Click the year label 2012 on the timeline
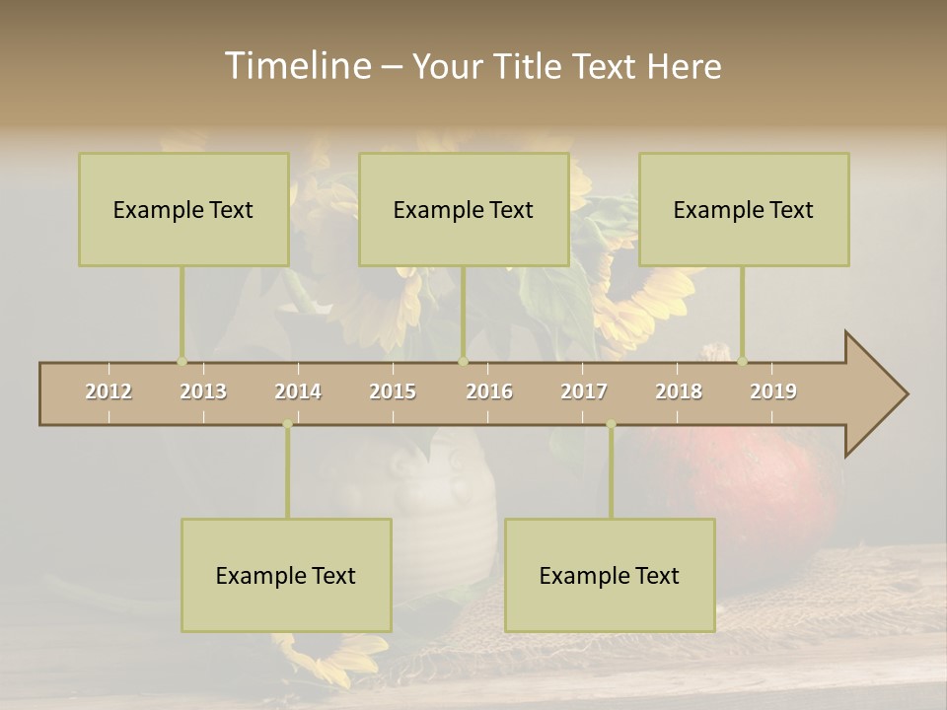(109, 391)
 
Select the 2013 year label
(203, 391)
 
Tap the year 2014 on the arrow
(298, 391)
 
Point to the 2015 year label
(393, 391)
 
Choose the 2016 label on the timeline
(489, 391)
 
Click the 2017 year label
(584, 391)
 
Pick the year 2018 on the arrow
(679, 391)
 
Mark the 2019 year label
(773, 391)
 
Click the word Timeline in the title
(297, 66)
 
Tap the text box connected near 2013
(183, 209)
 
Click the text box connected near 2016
(464, 209)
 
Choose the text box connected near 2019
(744, 209)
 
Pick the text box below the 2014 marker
(286, 575)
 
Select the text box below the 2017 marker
(610, 575)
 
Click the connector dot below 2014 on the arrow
(287, 424)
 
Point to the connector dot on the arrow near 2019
(743, 361)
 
